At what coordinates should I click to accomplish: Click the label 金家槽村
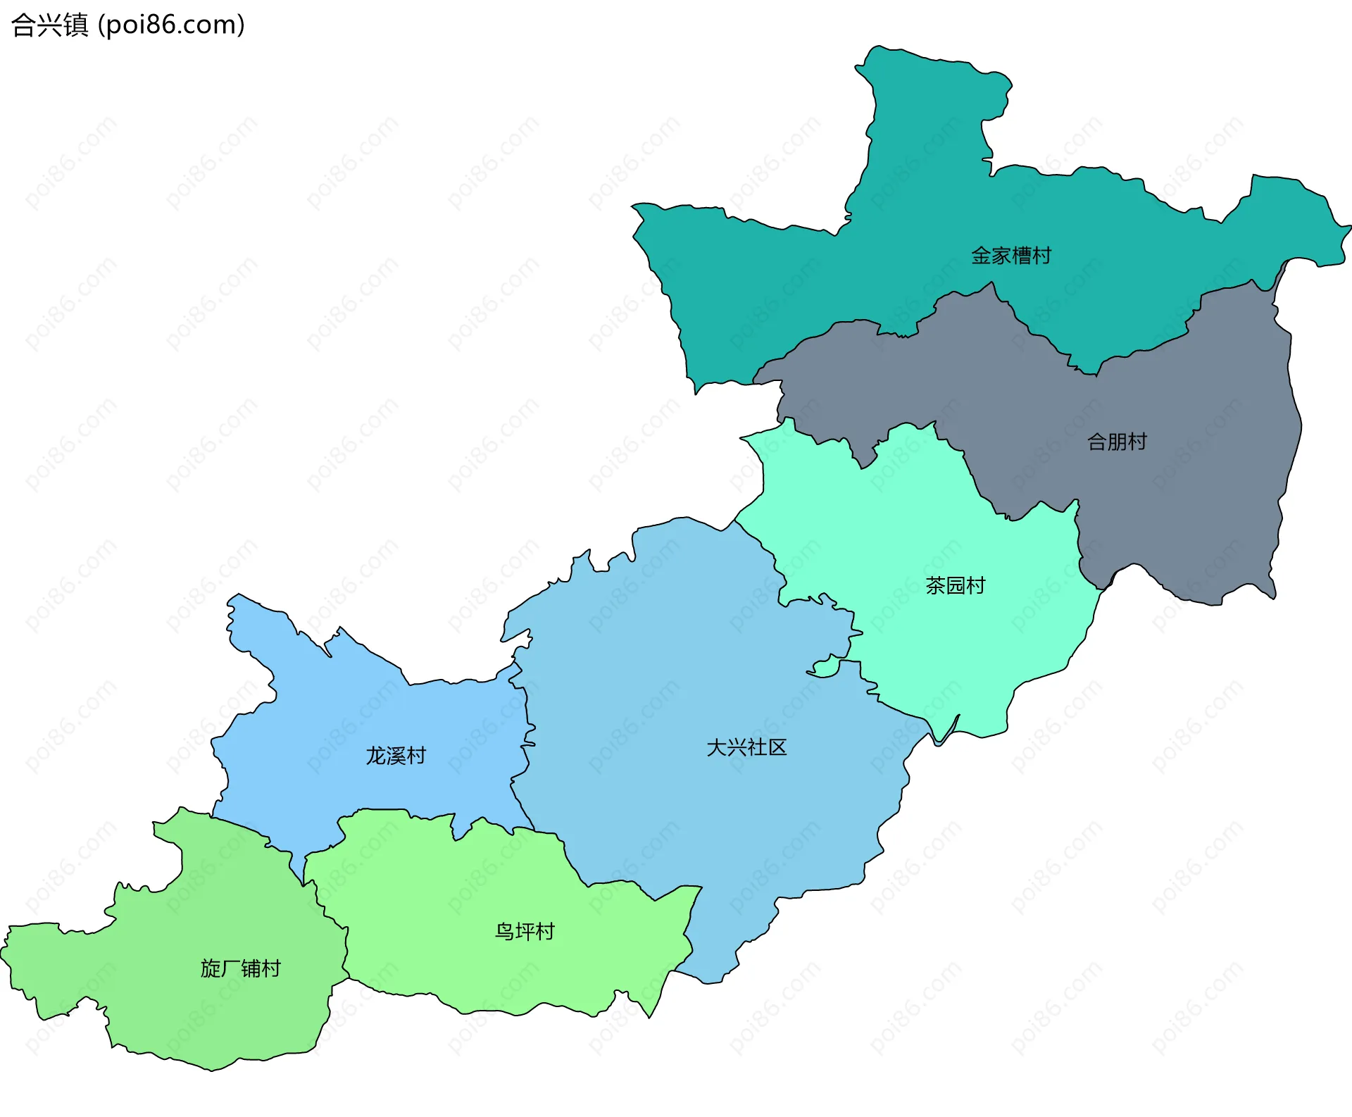click(1010, 255)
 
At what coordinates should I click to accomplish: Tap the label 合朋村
click(1117, 442)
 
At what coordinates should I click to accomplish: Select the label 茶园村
click(955, 585)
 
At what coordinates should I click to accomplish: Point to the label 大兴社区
click(746, 747)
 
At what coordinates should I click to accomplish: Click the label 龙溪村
click(396, 756)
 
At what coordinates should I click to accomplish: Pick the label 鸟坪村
click(525, 932)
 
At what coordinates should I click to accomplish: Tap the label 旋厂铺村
click(240, 968)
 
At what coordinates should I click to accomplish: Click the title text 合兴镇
click(49, 25)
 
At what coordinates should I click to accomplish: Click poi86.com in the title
click(171, 25)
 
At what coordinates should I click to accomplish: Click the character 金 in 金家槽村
click(981, 255)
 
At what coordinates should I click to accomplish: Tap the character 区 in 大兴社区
click(777, 747)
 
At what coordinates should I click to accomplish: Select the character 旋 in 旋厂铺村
click(211, 968)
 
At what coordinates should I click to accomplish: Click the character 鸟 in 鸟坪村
click(504, 932)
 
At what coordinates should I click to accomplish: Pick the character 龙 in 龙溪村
click(375, 756)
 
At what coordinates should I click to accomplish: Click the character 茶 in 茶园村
click(935, 585)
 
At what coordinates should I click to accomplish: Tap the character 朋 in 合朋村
click(1117, 442)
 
